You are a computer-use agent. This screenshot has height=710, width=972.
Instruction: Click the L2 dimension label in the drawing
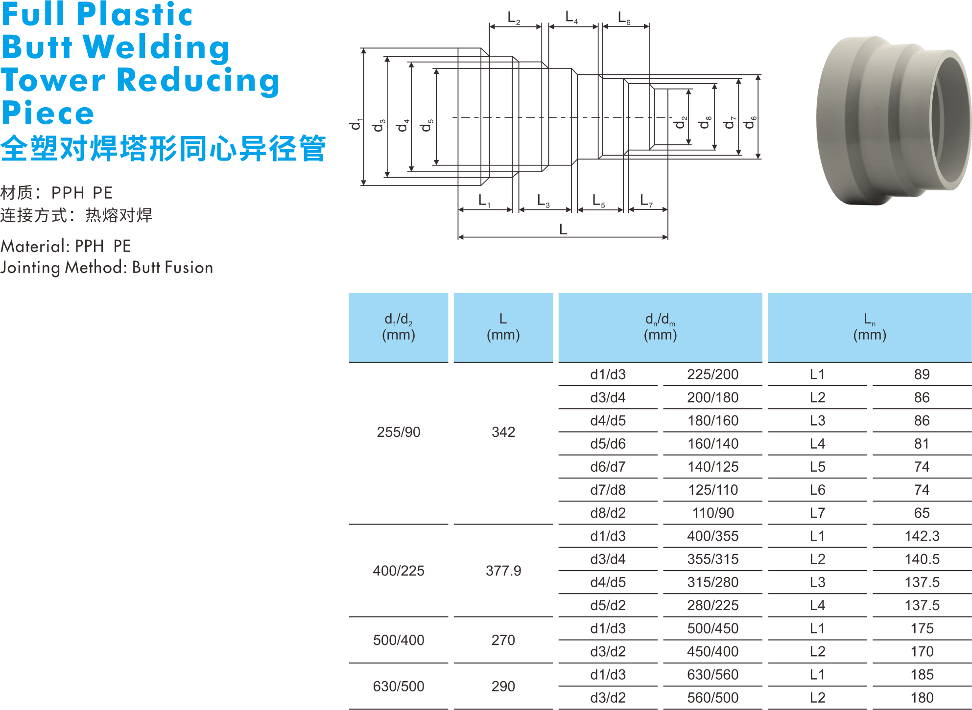514,19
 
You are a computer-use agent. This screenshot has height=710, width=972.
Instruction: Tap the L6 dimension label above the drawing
624,19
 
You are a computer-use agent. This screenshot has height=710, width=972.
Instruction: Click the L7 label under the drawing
646,201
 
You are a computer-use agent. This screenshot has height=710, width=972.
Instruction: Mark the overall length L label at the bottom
563,229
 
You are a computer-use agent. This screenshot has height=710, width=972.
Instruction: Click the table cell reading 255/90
399,432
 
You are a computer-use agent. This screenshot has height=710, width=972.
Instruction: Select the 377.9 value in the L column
503,571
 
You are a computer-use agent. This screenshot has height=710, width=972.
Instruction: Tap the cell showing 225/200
712,374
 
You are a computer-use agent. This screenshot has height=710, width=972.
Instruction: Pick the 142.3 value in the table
922,536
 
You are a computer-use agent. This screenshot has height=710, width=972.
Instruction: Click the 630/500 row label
399,686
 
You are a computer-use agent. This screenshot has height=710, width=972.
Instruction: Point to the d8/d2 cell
608,513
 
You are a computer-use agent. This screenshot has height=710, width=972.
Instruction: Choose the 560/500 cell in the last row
712,697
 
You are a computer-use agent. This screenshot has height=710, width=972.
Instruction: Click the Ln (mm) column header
870,327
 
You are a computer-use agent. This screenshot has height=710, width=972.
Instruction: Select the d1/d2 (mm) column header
399,327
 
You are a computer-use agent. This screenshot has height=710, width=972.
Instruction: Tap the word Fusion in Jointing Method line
189,267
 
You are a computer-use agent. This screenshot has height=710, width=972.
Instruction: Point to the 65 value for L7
922,513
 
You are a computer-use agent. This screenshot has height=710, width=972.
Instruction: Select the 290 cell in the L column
503,686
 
